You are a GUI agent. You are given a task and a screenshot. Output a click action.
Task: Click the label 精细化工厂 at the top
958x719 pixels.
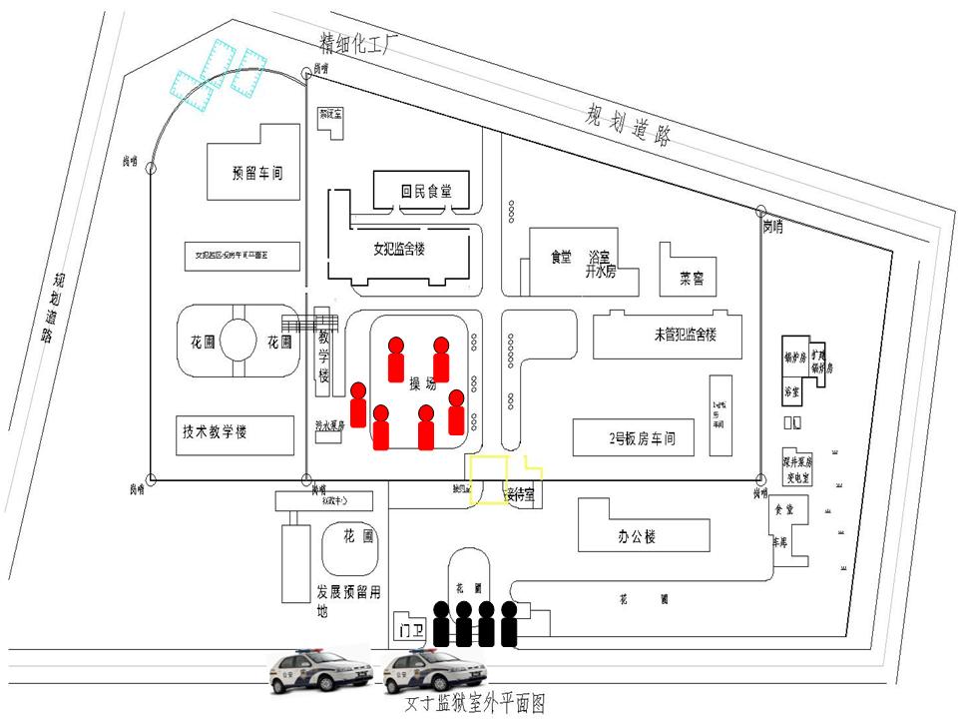coord(358,43)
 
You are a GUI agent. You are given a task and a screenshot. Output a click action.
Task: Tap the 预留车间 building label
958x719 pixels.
coord(257,173)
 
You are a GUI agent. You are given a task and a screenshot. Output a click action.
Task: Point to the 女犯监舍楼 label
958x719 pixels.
coord(399,249)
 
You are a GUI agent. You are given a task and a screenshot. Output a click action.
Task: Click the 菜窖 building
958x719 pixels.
coord(692,279)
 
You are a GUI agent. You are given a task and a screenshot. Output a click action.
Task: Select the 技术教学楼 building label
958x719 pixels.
coord(215,432)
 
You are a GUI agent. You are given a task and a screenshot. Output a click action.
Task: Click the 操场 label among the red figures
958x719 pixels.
coord(423,382)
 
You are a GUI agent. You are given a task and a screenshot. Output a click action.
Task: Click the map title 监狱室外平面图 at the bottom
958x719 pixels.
coord(475,704)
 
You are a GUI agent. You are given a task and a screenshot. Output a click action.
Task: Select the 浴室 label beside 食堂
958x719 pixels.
coord(600,257)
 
